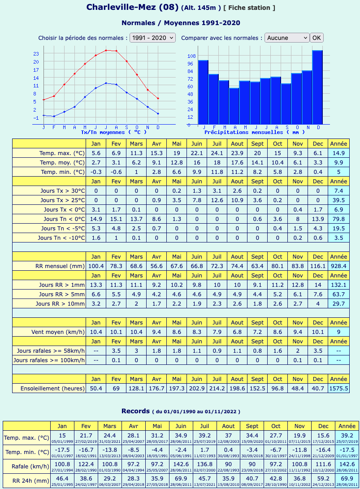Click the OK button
coord(317,38)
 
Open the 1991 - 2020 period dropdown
coord(152,38)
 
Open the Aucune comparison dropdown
coord(286,38)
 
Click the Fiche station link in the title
coord(249,8)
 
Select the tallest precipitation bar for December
coord(317,87)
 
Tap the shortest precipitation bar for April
coord(234,106)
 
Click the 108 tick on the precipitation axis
coord(191,56)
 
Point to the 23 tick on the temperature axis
coord(36,54)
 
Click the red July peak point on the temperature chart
coord(106,50)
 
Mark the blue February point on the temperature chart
coord(54,117)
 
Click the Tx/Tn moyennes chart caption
coord(113,132)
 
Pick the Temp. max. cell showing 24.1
coord(217,153)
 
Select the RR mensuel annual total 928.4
coord(338,266)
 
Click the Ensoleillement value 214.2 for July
coord(217,388)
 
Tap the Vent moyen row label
coord(58,332)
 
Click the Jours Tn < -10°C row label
coord(61,238)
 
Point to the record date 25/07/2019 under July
coord(204,441)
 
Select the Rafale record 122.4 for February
coord(86,464)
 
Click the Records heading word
coord(136,411)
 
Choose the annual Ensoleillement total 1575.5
coord(338,388)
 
